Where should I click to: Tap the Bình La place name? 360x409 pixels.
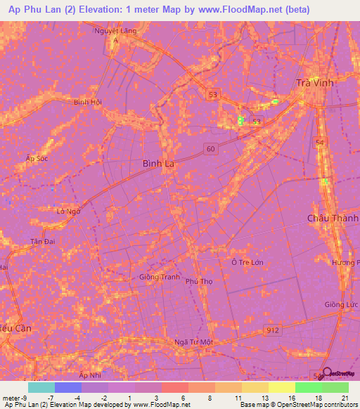click(158, 163)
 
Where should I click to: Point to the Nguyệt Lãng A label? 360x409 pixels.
click(116, 34)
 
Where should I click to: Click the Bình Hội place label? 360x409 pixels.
click(88, 102)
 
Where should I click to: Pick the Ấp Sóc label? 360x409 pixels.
click(37, 158)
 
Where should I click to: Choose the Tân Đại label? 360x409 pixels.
click(42, 241)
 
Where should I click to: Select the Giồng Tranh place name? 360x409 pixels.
click(159, 277)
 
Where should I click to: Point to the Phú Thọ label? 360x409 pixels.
click(199, 281)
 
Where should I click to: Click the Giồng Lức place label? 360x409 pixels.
click(342, 304)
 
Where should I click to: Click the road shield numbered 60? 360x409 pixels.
click(211, 148)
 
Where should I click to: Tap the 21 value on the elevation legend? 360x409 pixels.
click(344, 398)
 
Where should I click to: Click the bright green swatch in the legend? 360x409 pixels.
click(308, 387)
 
